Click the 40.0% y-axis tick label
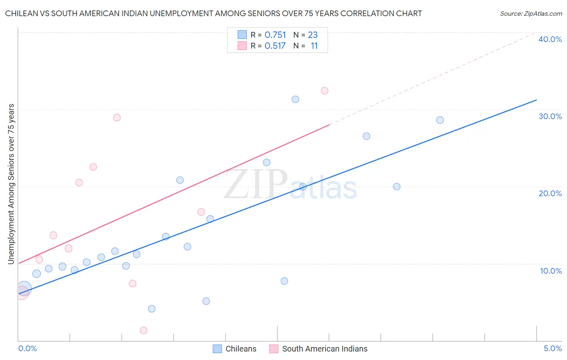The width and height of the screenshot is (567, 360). tap(550, 39)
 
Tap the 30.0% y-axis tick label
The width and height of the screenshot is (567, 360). tap(550, 116)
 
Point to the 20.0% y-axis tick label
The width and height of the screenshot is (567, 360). tap(550, 193)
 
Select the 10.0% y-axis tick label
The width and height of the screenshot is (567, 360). tap(551, 271)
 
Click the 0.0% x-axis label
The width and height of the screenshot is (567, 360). tap(27, 348)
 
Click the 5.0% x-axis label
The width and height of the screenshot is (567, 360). tap(552, 348)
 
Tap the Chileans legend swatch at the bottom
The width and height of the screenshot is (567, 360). tap(217, 349)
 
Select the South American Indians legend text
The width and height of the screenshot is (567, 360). tap(325, 349)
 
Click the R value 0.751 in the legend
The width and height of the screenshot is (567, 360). tap(275, 35)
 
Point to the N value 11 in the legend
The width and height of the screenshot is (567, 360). tap(314, 46)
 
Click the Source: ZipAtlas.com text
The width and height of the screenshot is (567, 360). tap(531, 14)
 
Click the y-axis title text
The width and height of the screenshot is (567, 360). tap(11, 184)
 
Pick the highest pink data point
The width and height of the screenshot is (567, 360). tap(325, 91)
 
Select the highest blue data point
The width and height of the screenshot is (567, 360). tap(295, 99)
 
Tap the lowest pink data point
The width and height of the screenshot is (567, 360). tap(144, 331)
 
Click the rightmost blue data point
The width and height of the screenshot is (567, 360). tap(440, 120)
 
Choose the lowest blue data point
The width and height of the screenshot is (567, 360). tap(152, 309)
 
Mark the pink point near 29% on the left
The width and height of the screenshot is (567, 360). tap(117, 117)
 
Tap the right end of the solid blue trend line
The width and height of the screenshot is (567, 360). tap(536, 100)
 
